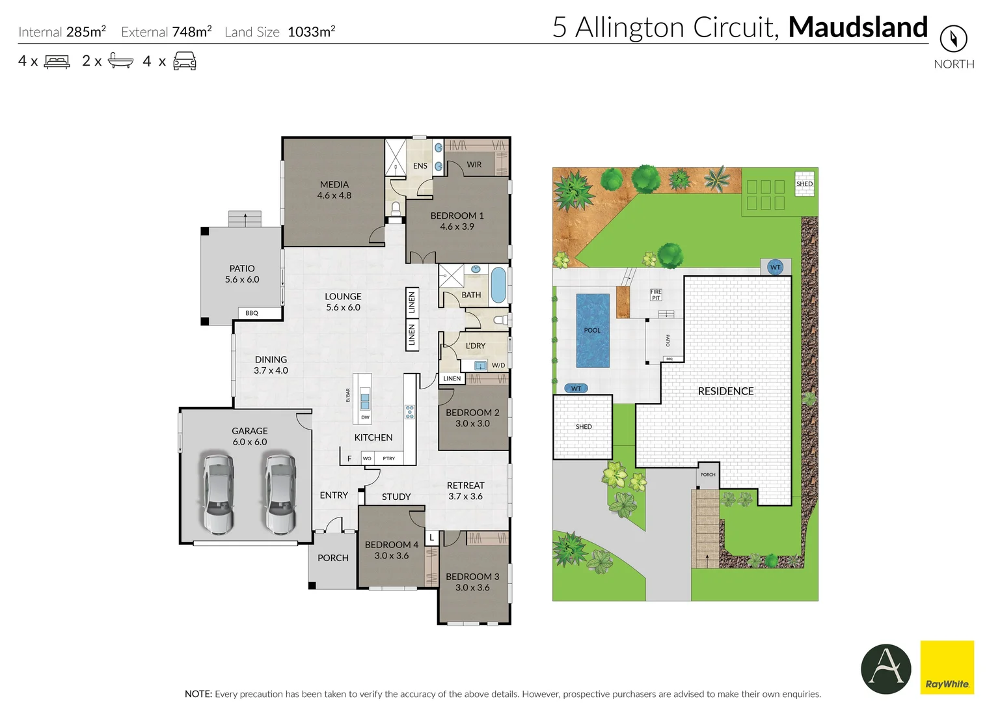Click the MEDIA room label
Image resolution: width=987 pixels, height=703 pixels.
click(x=334, y=185)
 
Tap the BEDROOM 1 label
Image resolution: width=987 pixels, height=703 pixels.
click(x=457, y=216)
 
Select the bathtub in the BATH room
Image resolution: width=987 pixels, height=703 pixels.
click(x=498, y=285)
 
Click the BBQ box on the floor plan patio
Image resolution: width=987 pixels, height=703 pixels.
click(x=252, y=313)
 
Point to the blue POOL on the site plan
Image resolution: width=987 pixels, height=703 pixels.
click(x=592, y=330)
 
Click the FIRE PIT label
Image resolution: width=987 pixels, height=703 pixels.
click(x=656, y=295)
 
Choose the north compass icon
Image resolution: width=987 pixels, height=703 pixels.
click(x=953, y=39)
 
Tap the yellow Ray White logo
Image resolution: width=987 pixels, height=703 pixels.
click(x=947, y=667)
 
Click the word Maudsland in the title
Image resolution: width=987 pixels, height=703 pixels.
click(x=858, y=27)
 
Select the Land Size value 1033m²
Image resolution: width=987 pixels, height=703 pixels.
click(x=311, y=32)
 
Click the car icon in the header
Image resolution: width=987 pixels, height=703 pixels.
click(x=185, y=61)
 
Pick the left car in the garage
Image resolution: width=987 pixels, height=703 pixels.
click(x=218, y=493)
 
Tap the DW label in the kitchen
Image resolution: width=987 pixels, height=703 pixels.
click(x=365, y=417)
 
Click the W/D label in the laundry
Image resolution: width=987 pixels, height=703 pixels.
click(x=498, y=365)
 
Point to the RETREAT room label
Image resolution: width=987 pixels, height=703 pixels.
click(x=465, y=486)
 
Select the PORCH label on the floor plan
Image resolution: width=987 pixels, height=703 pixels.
click(x=332, y=558)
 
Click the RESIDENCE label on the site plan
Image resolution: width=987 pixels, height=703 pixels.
click(x=725, y=391)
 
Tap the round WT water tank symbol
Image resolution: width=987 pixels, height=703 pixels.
click(x=775, y=267)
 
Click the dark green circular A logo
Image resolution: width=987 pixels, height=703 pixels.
click(x=886, y=669)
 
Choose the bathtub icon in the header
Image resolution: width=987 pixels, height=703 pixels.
click(x=120, y=61)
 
